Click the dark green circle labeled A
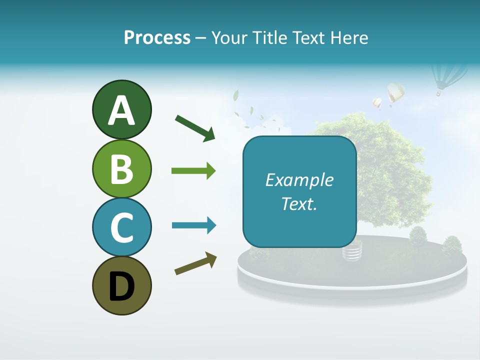coord(121,109)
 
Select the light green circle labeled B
coord(121,168)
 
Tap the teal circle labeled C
coord(121,226)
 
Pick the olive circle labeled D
coord(121,285)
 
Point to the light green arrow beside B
coord(193,171)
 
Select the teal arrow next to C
coord(193,225)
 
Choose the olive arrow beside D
coord(195,263)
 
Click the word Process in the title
coord(157,37)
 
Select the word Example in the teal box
coord(299,180)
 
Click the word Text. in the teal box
coord(299,203)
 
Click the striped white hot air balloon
coord(395,92)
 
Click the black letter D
coord(121,286)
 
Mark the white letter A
coord(121,110)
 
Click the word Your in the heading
coord(229,37)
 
